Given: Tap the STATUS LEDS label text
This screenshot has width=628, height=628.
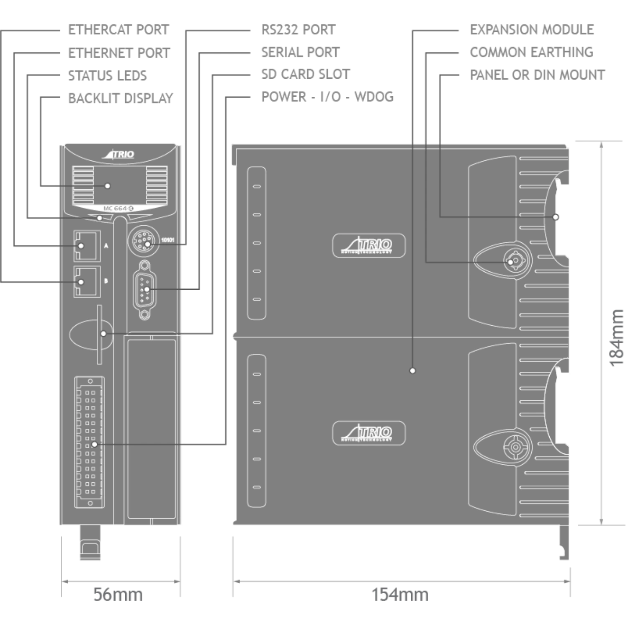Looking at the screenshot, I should pos(107,75).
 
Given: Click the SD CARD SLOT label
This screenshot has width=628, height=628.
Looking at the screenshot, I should pos(306,75).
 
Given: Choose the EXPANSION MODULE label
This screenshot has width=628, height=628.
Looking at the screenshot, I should pos(532,30).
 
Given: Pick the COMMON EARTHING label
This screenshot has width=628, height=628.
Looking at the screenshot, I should pos(532,52).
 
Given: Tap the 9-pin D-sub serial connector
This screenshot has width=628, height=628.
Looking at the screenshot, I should pos(145,289).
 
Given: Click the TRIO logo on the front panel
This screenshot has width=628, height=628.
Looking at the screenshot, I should pos(119,154).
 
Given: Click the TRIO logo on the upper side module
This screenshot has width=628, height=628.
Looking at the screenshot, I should pos(369,245).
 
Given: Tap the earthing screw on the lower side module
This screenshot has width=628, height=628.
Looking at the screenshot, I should pos(515,448).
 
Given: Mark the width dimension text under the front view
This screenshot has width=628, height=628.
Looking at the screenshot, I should pos(118,595).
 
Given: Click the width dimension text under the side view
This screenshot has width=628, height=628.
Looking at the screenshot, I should pos(400,595).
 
